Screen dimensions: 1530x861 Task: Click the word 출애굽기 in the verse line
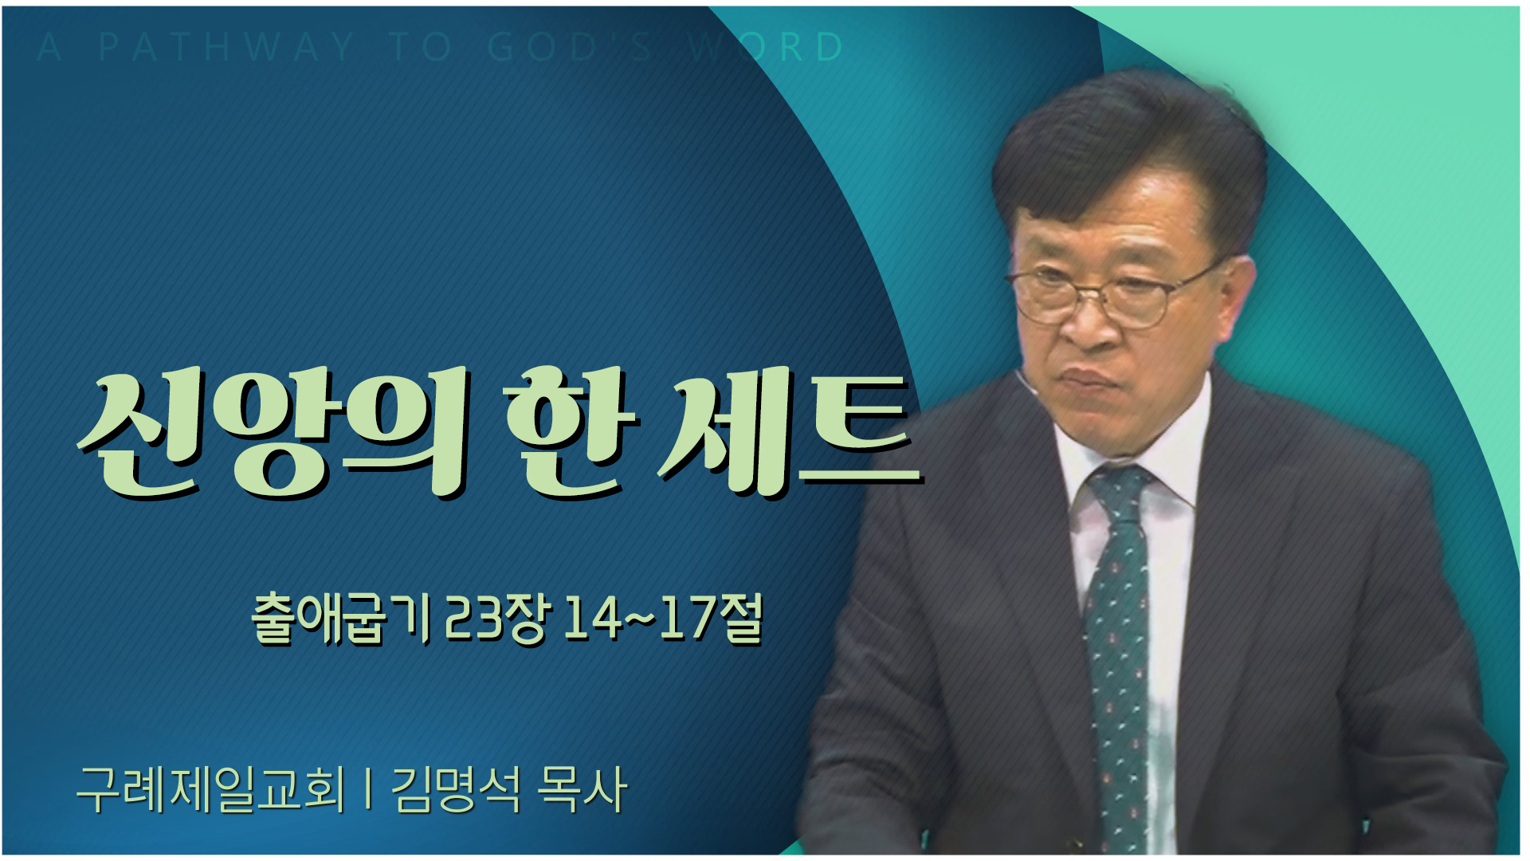pos(341,619)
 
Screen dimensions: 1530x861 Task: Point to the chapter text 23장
pos(496,619)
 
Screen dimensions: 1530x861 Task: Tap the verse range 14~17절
pos(664,619)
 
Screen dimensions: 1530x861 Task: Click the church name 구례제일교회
pos(211,789)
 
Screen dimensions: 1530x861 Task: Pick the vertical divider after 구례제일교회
pos(368,790)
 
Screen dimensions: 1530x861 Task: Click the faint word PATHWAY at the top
pos(226,48)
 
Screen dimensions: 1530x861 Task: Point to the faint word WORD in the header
pos(765,48)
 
